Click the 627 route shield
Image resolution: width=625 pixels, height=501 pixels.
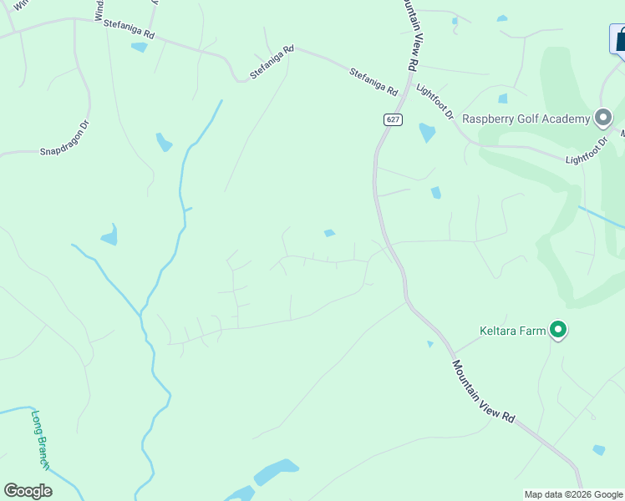click(394, 120)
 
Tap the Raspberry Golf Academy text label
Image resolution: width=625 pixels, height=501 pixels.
click(526, 119)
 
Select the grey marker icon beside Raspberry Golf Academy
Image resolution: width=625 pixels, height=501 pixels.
click(602, 118)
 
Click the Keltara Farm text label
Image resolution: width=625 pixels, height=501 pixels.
click(512, 331)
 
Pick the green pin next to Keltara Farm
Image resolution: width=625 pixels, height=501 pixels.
click(558, 331)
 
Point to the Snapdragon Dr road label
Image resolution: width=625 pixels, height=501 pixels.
click(65, 140)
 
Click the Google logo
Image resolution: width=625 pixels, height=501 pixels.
click(28, 491)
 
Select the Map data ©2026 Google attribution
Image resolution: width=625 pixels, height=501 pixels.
click(573, 494)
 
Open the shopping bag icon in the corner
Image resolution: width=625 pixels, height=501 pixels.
click(618, 38)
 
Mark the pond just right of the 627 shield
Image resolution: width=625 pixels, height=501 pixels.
click(427, 132)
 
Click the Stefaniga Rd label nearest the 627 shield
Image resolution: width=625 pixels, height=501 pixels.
click(373, 81)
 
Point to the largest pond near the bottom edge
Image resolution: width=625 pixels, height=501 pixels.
click(276, 472)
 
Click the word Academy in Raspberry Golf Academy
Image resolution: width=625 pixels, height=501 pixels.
click(564, 119)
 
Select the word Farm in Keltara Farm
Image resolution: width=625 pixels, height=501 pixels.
click(535, 331)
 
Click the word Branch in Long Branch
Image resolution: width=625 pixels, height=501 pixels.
click(43, 451)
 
